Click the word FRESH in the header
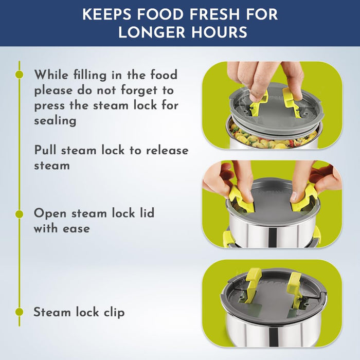(214, 14)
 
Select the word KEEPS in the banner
(107, 14)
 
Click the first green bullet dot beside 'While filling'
(20, 74)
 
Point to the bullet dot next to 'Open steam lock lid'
(20, 214)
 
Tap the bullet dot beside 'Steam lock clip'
(20, 312)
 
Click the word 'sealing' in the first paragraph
(55, 121)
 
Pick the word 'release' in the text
(167, 151)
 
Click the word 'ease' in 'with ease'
(76, 229)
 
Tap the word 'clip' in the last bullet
(114, 313)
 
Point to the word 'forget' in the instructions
(139, 91)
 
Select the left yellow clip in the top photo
(259, 103)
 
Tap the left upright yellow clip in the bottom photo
(253, 285)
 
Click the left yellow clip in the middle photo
(242, 199)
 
